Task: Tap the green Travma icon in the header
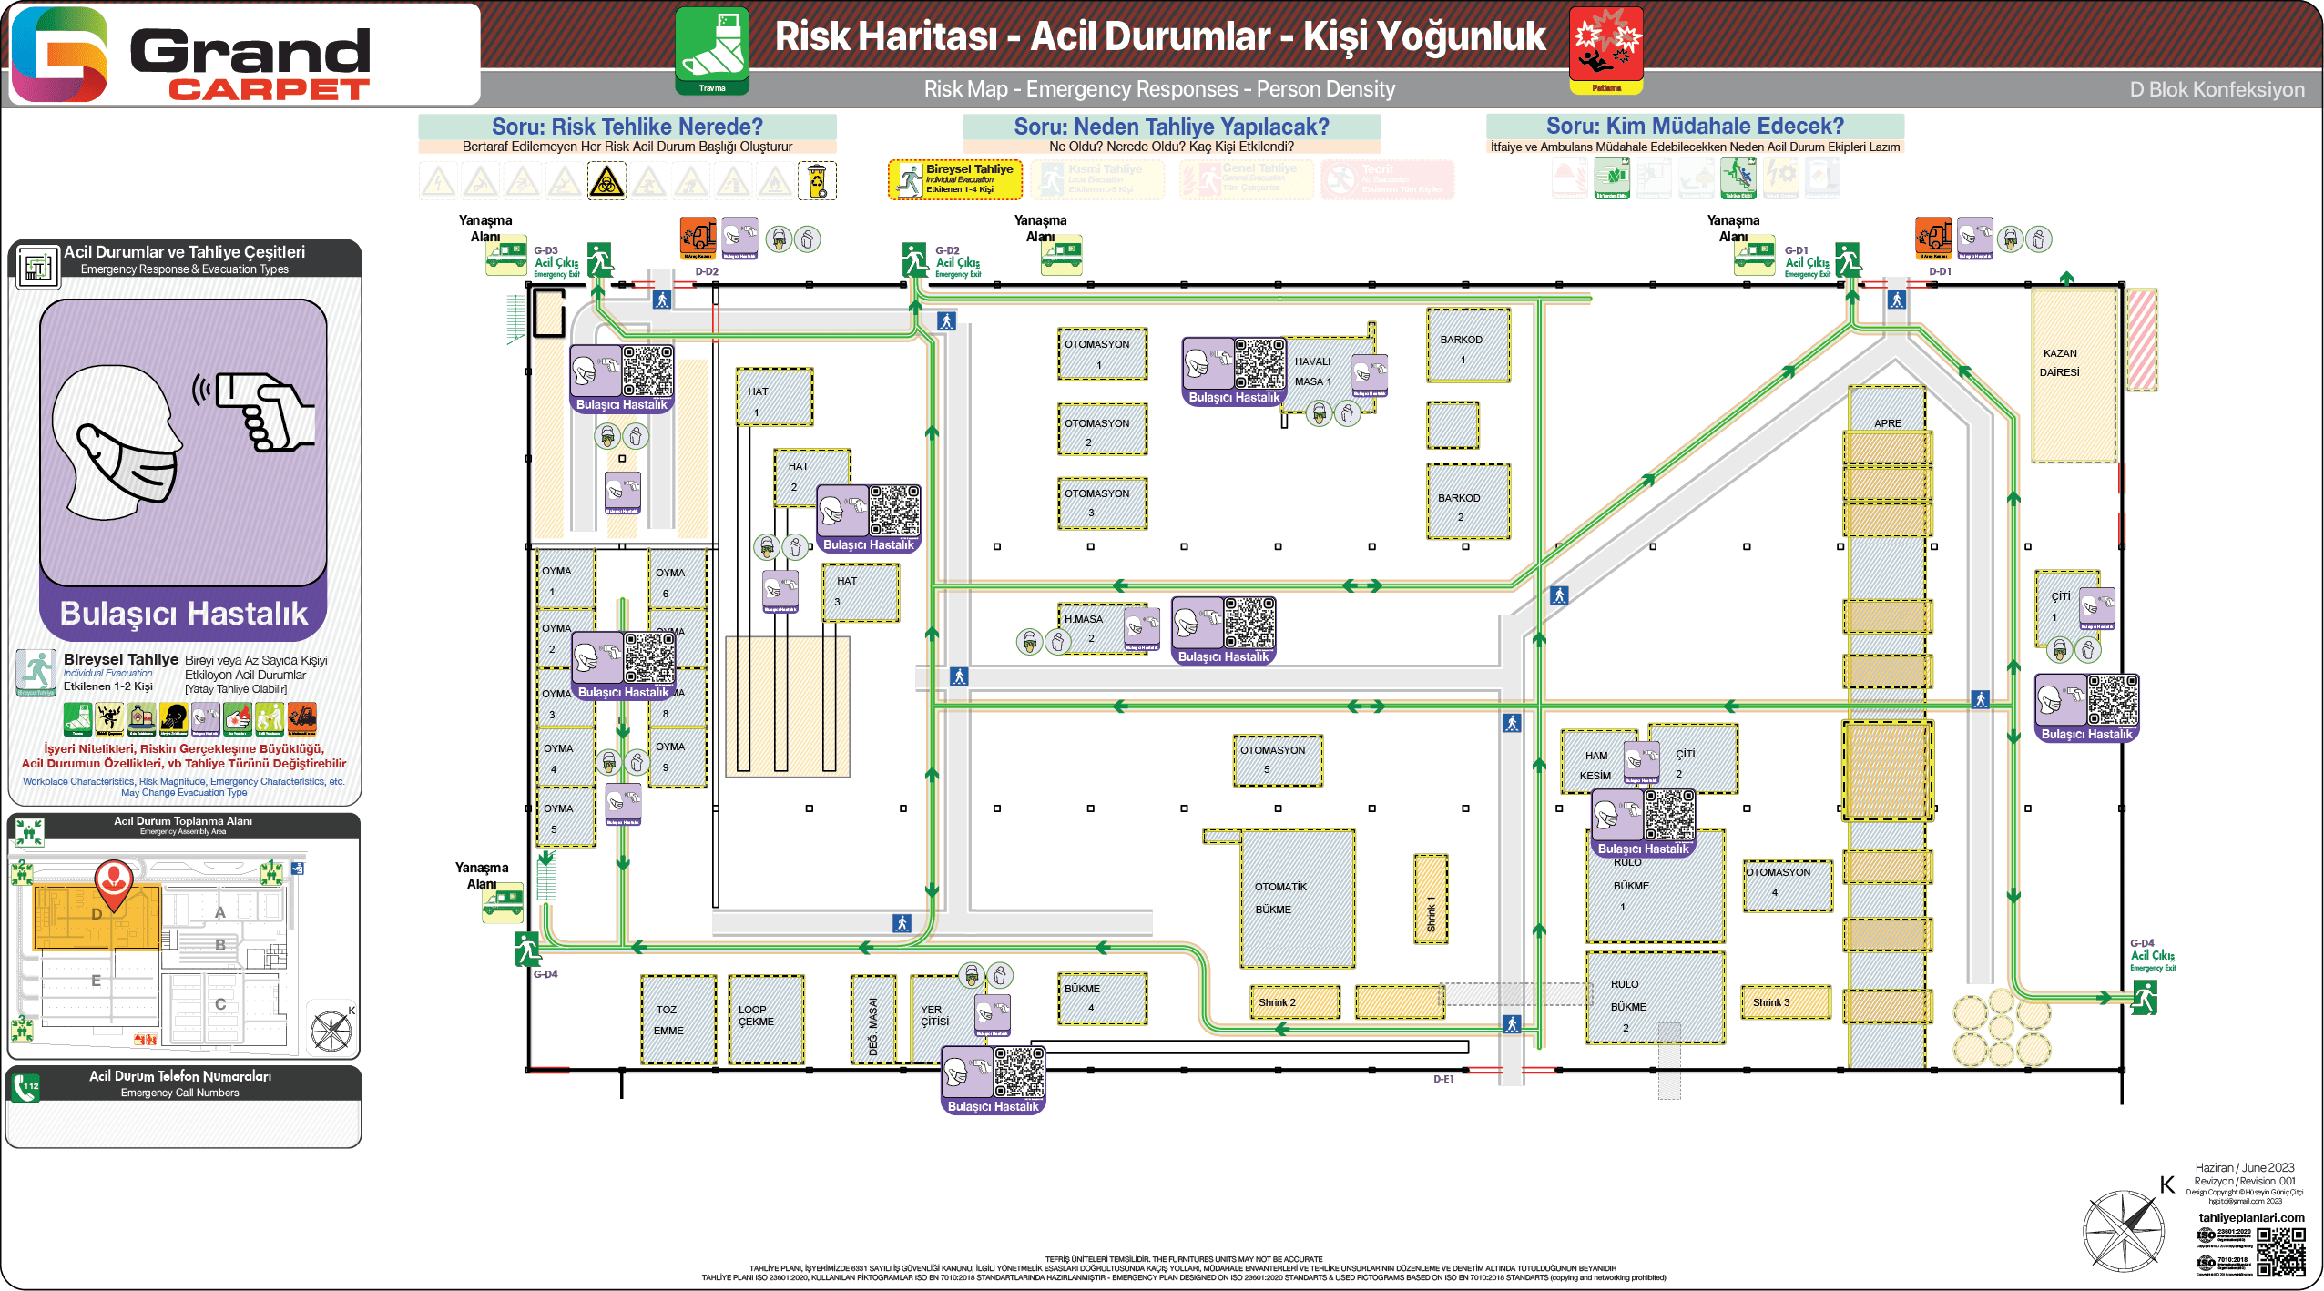(712, 49)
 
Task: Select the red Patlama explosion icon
(1606, 49)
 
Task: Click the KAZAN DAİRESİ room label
(2060, 362)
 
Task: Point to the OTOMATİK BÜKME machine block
(1297, 898)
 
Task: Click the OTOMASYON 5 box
(1277, 759)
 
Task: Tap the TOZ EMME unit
(678, 1020)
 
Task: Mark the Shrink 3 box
(1785, 1002)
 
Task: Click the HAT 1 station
(773, 398)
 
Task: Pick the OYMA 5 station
(565, 818)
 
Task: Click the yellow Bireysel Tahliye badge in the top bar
(954, 179)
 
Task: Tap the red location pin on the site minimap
(114, 880)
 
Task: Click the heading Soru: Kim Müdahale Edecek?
(1694, 127)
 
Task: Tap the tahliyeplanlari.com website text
(2250, 1217)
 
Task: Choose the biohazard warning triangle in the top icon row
(606, 181)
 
